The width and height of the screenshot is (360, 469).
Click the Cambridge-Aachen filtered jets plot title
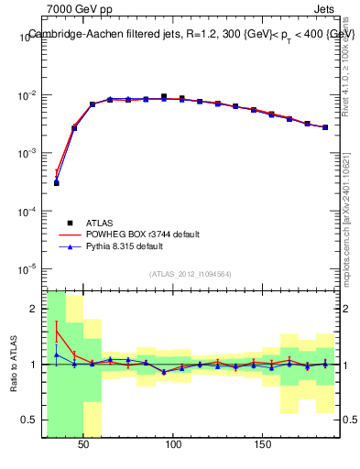coord(191,34)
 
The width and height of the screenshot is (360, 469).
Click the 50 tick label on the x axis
coord(83,444)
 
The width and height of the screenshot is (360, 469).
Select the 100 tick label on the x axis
coord(173,444)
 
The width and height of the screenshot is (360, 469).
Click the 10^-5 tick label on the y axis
coord(27,269)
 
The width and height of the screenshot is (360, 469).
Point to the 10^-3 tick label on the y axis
coord(27,154)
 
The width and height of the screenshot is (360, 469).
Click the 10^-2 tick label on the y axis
coord(27,95)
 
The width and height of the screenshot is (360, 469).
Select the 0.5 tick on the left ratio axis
coord(32,420)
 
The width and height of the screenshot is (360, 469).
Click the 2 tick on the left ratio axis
coord(35,309)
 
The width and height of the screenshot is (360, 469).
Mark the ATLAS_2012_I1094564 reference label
coord(191,274)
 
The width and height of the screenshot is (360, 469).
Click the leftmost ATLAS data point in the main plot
coord(56,183)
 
